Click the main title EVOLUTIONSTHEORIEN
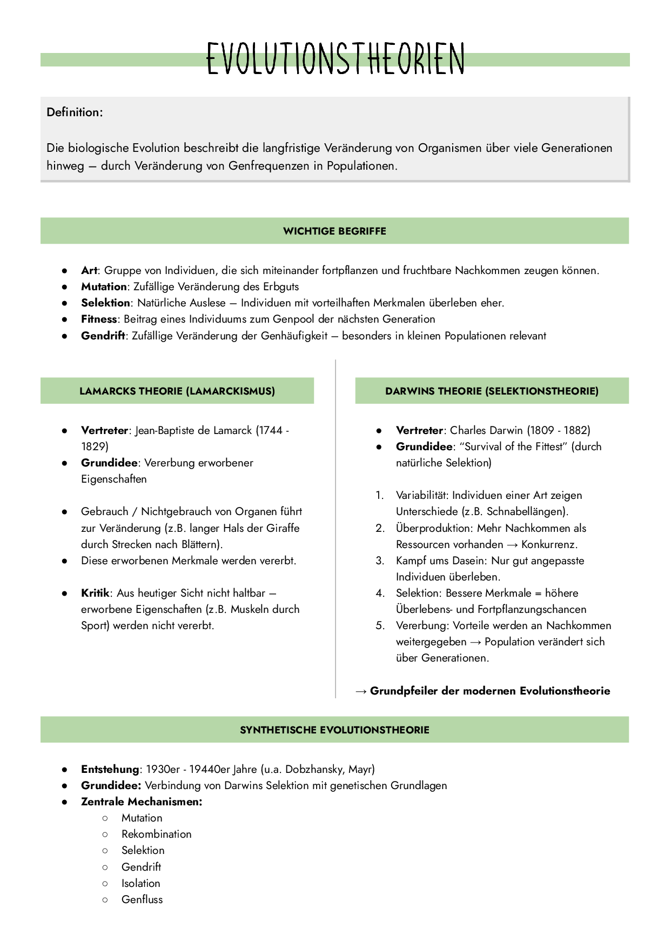335,58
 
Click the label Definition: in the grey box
75,112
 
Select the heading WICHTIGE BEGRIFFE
334,231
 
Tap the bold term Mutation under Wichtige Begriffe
104,286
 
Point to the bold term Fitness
99,319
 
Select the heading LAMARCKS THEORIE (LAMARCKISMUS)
177,391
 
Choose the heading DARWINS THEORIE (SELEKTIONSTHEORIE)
492,391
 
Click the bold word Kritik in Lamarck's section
95,593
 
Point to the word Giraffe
283,528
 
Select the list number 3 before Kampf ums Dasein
380,560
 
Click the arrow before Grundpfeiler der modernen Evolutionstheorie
361,691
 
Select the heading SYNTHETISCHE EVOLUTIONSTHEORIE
334,730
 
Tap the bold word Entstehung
110,769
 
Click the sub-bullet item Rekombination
156,834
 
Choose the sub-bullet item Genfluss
142,899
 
